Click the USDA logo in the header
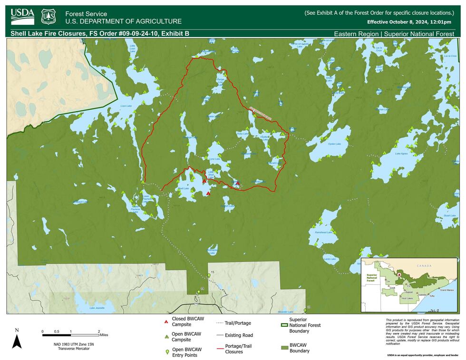pos(22,16)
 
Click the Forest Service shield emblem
pos(48,17)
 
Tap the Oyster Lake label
pos(334,144)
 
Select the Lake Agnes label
pos(401,154)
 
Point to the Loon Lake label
pos(126,106)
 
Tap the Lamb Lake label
pos(330,259)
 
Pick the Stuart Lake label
pos(449,215)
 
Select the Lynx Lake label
pos(214,159)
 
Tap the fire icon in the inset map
pos(398,274)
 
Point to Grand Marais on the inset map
pos(447,290)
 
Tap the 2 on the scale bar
pos(99,331)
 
